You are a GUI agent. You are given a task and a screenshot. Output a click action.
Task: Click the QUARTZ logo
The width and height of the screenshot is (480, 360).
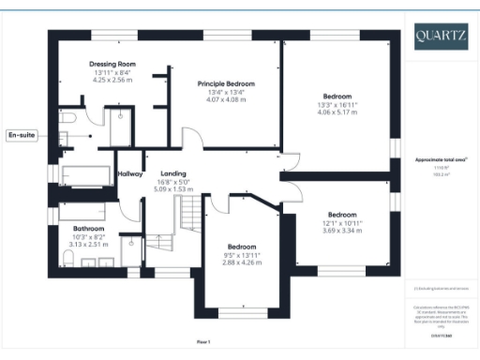(x=442, y=37)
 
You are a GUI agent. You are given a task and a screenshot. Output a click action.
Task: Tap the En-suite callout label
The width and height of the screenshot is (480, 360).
(x=22, y=136)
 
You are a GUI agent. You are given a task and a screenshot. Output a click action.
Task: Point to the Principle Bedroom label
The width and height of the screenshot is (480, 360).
(x=226, y=83)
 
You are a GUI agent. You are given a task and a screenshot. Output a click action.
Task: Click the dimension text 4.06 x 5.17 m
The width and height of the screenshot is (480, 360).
(x=337, y=112)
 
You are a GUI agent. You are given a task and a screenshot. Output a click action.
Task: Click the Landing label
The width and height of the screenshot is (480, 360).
(x=172, y=173)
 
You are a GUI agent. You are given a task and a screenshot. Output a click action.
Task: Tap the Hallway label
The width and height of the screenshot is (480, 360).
(x=130, y=173)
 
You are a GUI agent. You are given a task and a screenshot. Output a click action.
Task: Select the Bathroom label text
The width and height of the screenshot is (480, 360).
(x=89, y=228)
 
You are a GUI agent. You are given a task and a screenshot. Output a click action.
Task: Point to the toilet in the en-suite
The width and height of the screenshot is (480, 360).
(x=67, y=119)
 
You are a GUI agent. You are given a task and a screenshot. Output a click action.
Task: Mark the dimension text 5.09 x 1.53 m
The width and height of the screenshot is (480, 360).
(x=172, y=188)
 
